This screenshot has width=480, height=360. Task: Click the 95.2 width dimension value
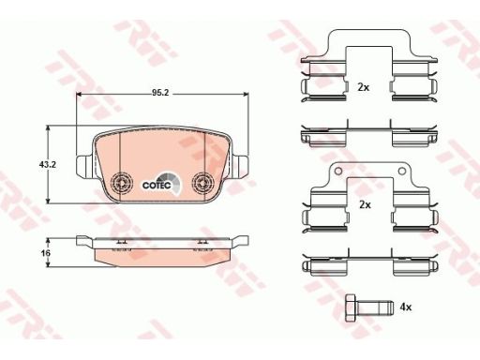(160, 93)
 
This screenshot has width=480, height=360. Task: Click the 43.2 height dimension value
(47, 164)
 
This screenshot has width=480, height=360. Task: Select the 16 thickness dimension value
(46, 253)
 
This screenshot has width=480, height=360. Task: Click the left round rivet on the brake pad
(122, 183)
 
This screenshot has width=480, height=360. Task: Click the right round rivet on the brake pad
(202, 183)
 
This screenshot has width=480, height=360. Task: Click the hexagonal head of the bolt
(351, 307)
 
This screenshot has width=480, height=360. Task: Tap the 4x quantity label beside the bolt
(406, 307)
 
